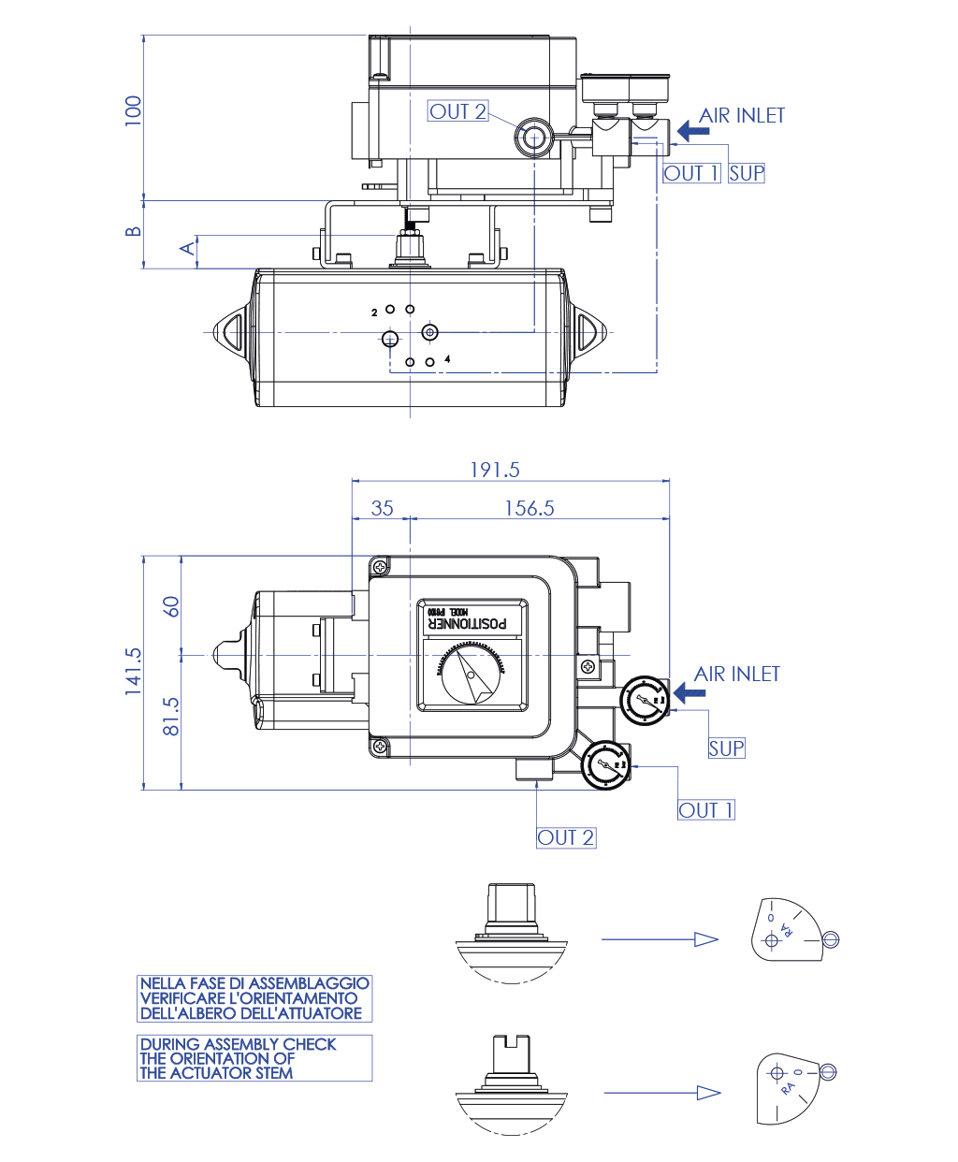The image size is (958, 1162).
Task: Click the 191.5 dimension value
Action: tap(494, 470)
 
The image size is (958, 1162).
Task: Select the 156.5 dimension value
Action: tap(530, 508)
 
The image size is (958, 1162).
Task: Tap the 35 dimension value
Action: tap(382, 508)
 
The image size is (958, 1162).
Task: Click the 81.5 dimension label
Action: tap(171, 716)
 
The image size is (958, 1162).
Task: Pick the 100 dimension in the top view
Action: tap(134, 110)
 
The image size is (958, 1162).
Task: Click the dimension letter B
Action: tap(134, 231)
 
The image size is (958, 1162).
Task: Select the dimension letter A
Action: tap(188, 248)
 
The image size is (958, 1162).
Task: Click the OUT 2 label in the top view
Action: tap(457, 111)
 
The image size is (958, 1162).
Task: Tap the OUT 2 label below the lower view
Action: tap(566, 837)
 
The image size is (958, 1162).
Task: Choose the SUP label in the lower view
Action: tap(726, 748)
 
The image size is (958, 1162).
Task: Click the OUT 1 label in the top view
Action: tap(691, 173)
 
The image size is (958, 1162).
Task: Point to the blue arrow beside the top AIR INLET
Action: tap(692, 131)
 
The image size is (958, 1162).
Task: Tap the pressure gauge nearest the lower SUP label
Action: tap(645, 700)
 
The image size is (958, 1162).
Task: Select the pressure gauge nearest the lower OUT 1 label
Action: tap(605, 766)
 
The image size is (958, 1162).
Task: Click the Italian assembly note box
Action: tap(254, 998)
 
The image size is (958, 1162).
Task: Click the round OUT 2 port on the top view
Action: tap(533, 138)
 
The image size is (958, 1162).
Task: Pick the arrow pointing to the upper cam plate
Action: tap(660, 939)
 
